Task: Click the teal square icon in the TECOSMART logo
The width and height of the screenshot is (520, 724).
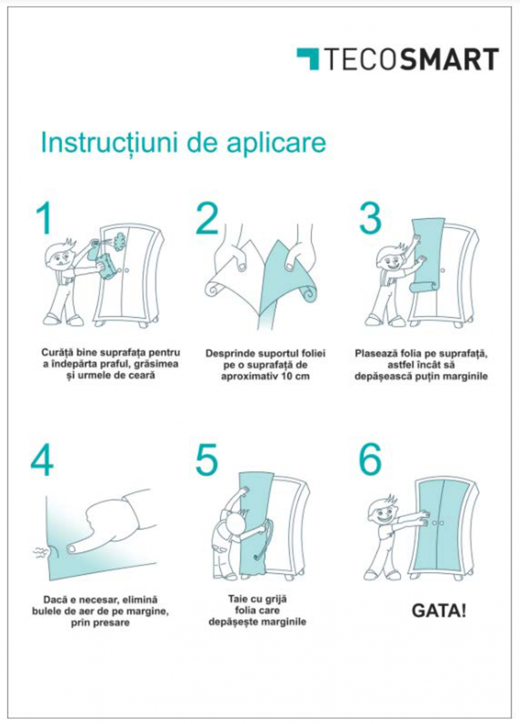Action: point(308,59)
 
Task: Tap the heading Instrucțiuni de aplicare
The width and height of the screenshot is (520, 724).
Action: point(183,143)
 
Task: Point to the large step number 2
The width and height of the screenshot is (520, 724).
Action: point(207,219)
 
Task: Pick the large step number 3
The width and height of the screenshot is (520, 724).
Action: point(370,219)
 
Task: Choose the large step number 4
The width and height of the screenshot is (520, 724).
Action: point(42,461)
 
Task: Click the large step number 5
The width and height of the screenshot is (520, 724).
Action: point(207,461)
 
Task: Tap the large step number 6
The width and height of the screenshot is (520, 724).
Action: point(370,461)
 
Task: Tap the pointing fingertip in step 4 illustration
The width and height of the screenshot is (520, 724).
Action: point(73,548)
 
